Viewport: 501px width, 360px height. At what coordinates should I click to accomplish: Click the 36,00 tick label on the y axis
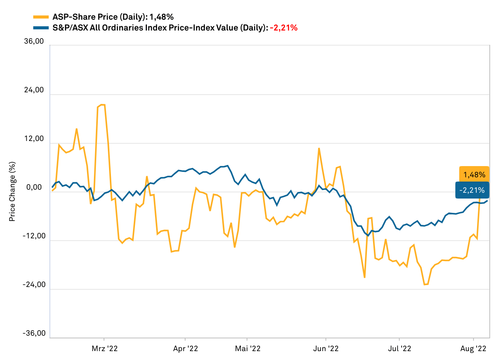[34, 41]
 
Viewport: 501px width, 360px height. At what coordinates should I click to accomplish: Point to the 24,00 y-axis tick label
[34, 90]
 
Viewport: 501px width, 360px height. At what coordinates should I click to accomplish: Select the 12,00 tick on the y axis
[34, 139]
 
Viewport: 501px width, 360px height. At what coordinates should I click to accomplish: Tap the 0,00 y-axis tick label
[36, 188]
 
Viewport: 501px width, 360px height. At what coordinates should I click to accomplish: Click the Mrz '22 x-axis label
[104, 348]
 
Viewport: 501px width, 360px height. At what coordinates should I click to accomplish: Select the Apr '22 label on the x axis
[186, 348]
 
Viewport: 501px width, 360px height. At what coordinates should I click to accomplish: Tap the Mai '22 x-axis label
[248, 348]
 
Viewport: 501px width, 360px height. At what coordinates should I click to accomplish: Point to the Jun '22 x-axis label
[326, 348]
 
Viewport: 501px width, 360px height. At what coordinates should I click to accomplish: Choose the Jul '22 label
[400, 348]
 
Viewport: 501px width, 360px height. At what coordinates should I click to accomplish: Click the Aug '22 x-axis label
[474, 348]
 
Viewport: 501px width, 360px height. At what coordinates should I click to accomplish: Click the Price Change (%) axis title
[12, 192]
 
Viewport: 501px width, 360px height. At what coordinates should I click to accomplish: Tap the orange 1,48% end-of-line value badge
[474, 175]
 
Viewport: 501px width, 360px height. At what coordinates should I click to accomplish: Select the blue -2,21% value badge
[472, 190]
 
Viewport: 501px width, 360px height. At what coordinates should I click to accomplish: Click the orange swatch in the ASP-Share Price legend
[41, 17]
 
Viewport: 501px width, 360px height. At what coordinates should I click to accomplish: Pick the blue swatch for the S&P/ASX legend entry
[41, 27]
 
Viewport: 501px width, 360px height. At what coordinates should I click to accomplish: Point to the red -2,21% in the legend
[284, 27]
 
